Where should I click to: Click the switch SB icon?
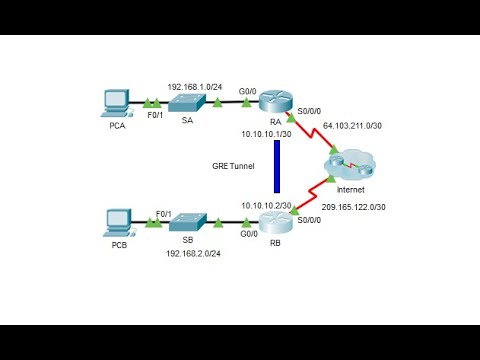click(186, 222)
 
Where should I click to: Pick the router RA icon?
click(273, 101)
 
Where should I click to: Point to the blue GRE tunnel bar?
click(276, 165)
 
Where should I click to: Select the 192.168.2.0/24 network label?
click(193, 254)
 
